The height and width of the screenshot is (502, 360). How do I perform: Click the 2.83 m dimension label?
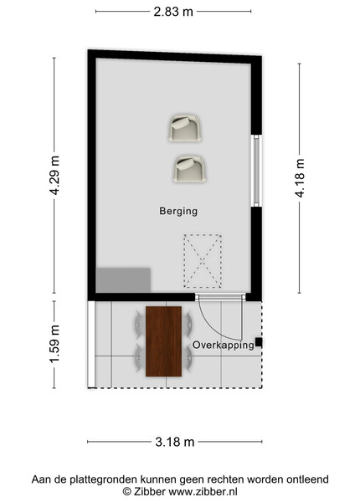pyautogui.click(x=173, y=12)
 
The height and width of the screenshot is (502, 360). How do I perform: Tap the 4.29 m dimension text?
pyautogui.click(x=54, y=175)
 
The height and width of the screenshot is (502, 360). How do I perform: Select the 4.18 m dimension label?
pyautogui.click(x=300, y=177)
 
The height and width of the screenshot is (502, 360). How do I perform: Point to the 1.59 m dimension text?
pyautogui.click(x=54, y=344)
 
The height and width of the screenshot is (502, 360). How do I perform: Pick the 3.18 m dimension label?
pyautogui.click(x=174, y=442)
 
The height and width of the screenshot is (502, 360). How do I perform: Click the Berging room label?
pyautogui.click(x=178, y=212)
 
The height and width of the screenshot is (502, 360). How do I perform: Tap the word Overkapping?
pyautogui.click(x=224, y=345)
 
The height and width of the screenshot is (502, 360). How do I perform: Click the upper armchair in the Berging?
pyautogui.click(x=185, y=128)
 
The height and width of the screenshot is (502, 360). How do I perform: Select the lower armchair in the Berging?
pyautogui.click(x=189, y=169)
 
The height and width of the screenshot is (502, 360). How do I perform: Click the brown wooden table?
pyautogui.click(x=163, y=341)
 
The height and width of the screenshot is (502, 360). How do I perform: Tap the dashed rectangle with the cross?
pyautogui.click(x=203, y=261)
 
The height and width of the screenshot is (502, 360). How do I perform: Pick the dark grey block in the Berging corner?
pyautogui.click(x=123, y=280)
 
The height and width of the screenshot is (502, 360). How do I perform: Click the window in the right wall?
pyautogui.click(x=256, y=171)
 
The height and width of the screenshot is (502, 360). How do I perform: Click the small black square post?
pyautogui.click(x=259, y=342)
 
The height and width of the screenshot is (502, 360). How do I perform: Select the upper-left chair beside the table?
pyautogui.click(x=138, y=325)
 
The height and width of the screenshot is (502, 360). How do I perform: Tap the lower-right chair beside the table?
pyautogui.click(x=188, y=358)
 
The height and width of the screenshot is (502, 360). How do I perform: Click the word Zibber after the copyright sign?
pyautogui.click(x=149, y=491)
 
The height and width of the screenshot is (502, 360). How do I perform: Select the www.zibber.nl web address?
pyautogui.click(x=203, y=491)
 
